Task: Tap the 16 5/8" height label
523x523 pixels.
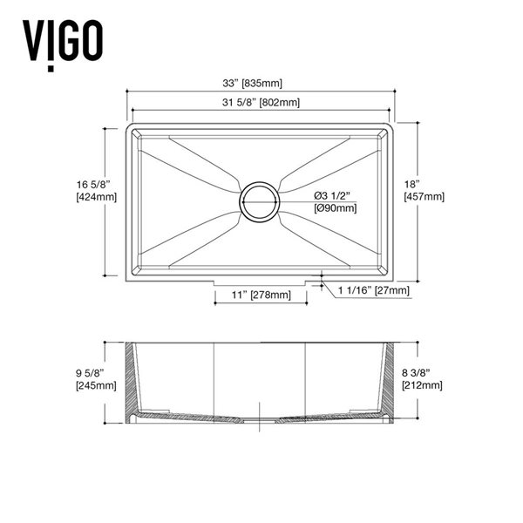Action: [95, 184]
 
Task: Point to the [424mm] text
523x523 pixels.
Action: [96, 197]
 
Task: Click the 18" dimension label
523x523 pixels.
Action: [413, 184]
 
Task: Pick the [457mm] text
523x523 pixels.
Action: [425, 197]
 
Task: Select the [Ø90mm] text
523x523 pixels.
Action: [335, 207]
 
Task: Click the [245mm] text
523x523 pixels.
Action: [96, 385]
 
